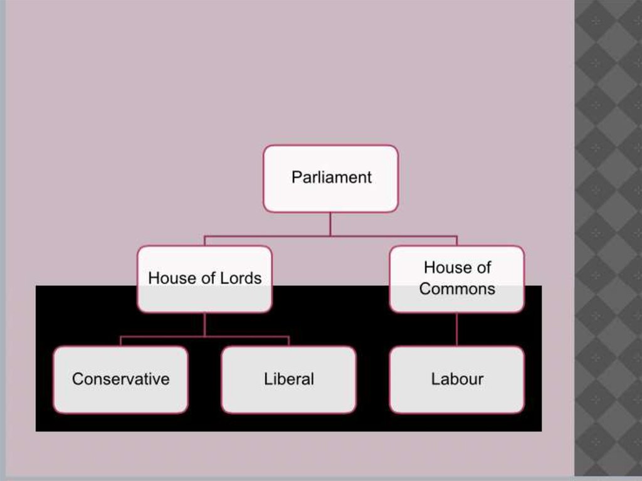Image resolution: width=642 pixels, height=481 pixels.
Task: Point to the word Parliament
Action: coord(331,177)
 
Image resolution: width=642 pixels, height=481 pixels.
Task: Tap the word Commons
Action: coord(457,289)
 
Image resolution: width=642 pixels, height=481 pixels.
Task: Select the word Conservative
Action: coord(120,379)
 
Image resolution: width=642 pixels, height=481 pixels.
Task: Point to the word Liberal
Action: coord(288,379)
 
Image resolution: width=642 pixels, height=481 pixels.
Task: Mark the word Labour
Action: coord(457,379)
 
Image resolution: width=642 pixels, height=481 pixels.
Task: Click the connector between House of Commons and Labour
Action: coord(456,329)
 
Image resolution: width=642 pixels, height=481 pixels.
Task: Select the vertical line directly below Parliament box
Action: coord(330,224)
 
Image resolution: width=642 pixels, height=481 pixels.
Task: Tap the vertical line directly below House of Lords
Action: coord(204,324)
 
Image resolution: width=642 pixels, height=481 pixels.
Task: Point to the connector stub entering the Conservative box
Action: coord(120,341)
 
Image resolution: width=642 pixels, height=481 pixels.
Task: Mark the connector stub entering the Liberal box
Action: coord(288,341)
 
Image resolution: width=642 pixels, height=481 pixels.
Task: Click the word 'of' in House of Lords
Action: coord(206,278)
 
